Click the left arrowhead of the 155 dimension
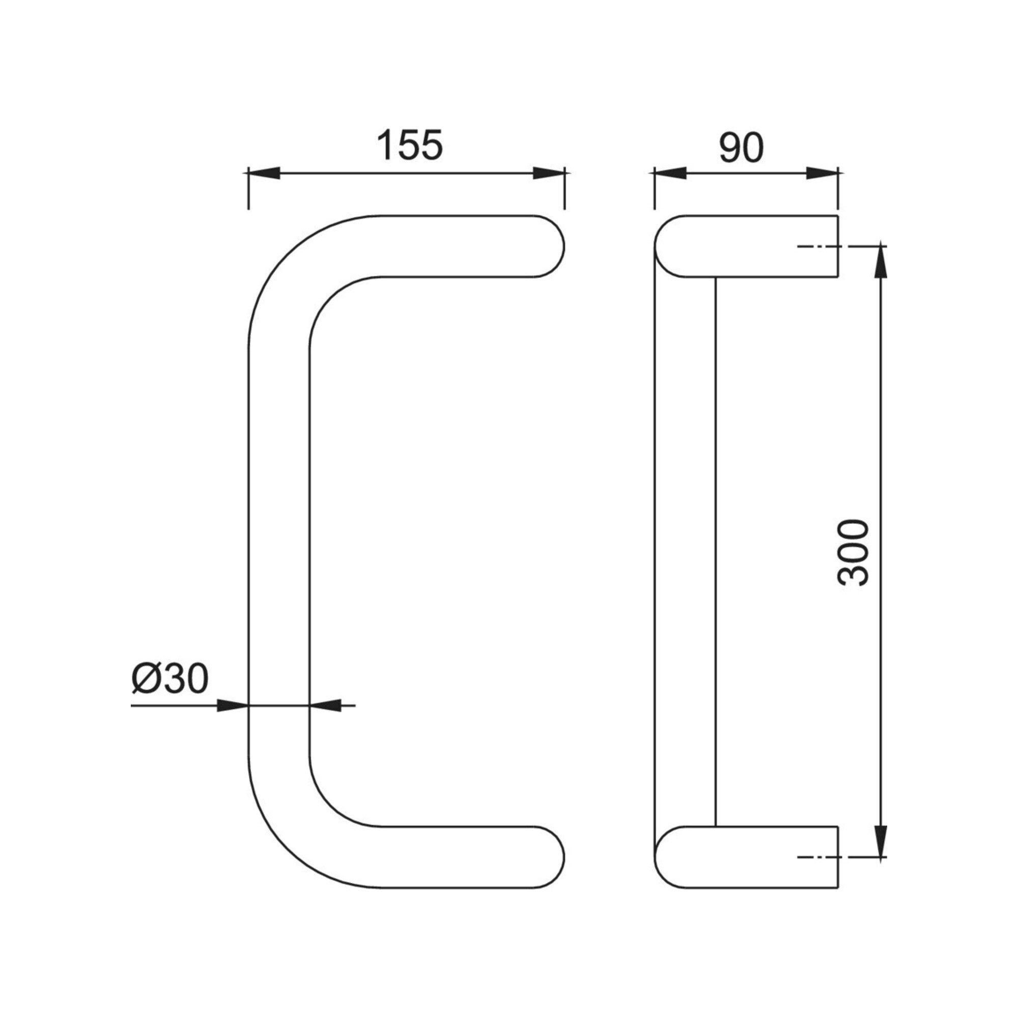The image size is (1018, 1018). pyautogui.click(x=264, y=173)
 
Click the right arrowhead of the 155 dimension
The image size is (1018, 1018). pyautogui.click(x=549, y=173)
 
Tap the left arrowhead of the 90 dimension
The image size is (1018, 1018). pyautogui.click(x=670, y=173)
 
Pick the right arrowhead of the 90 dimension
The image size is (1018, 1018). pyautogui.click(x=822, y=173)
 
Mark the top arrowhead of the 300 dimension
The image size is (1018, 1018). pyautogui.click(x=881, y=261)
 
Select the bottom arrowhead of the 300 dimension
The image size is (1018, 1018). pyautogui.click(x=881, y=841)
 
